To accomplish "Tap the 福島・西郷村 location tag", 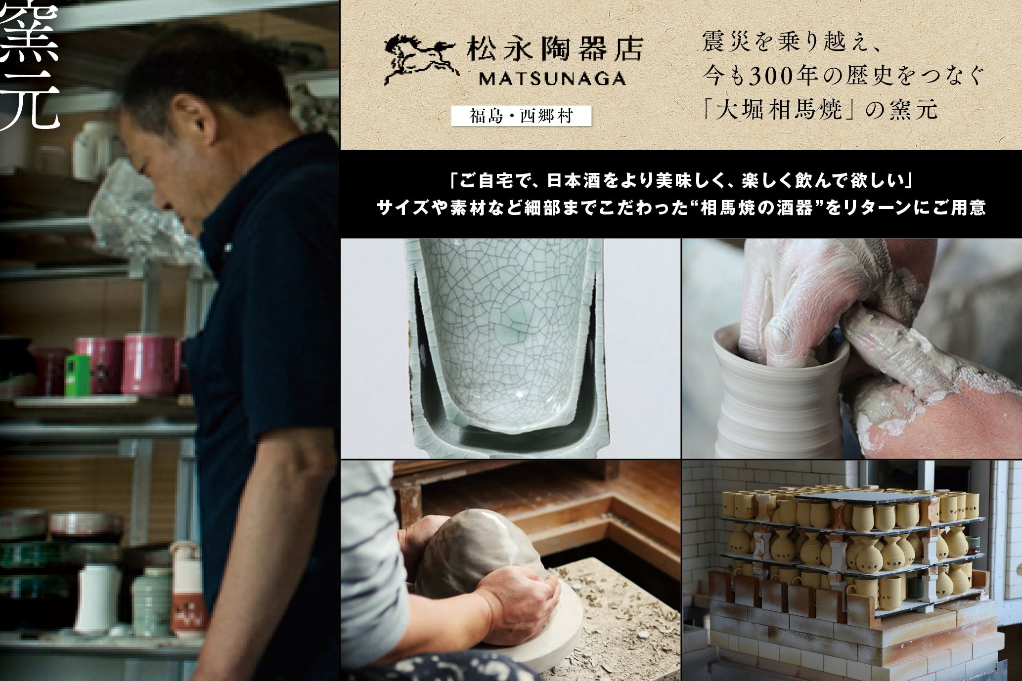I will coord(521,116).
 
